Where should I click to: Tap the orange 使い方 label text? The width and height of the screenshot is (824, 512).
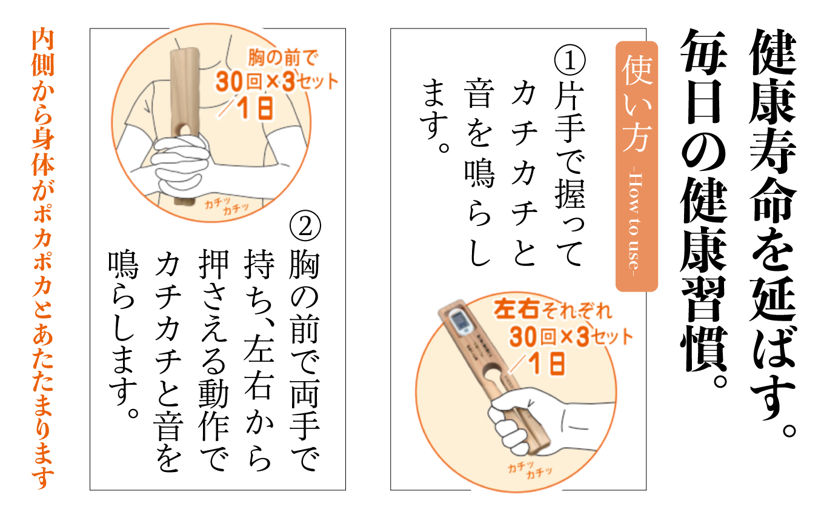(x=636, y=106)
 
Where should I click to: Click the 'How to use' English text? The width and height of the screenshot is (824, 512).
(x=636, y=224)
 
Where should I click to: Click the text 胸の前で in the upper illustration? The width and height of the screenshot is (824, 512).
(x=283, y=59)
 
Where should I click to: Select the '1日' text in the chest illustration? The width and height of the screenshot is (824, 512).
(x=253, y=108)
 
